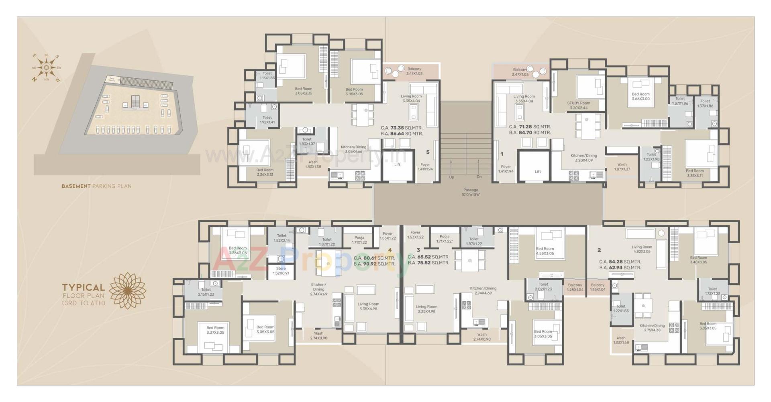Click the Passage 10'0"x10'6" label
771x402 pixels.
pos(471,192)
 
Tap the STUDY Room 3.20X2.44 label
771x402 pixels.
pos(578,105)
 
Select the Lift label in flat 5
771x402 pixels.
pos(397,164)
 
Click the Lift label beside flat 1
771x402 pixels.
pos(538,171)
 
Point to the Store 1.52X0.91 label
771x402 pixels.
pos(281,271)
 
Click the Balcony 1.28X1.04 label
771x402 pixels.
pos(575,287)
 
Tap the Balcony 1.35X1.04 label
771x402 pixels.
pos(598,287)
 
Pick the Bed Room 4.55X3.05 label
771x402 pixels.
pos(545,251)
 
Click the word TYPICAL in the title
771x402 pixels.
pos(83,287)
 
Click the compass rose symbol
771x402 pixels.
pos(47,67)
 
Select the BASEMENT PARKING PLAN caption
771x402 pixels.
pos(96,186)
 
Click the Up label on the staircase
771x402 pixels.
pos(451,177)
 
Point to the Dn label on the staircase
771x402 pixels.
pos(479,177)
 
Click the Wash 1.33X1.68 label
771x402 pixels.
pos(621,340)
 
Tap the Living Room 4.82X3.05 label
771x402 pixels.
pos(642,249)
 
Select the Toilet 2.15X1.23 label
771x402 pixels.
pos(206,292)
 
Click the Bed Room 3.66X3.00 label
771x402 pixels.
pos(640,96)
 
